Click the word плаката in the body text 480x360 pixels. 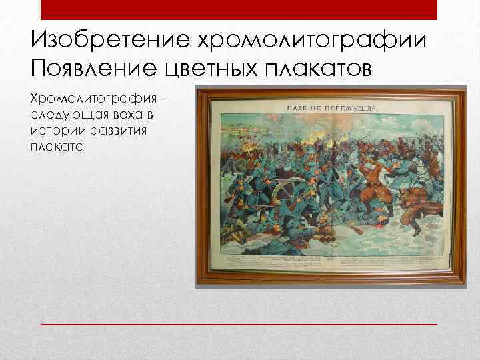point(57,147)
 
